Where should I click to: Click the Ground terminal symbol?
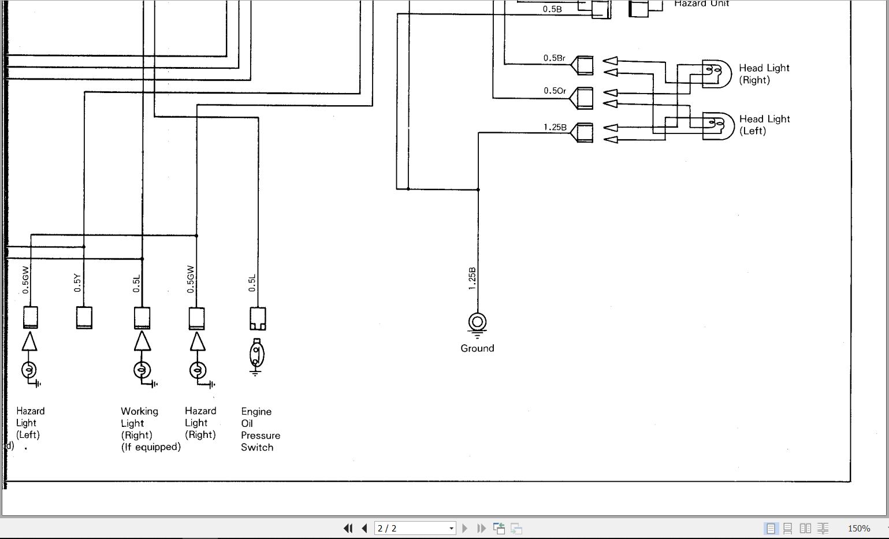[477, 322]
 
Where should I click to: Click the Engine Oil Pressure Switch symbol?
[257, 355]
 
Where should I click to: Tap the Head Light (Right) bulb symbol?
[716, 73]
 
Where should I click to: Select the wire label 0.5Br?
[554, 58]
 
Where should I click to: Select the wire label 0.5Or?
[555, 91]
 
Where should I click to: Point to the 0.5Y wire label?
[78, 282]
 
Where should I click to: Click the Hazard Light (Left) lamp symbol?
[29, 370]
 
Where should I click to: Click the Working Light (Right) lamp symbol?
[142, 370]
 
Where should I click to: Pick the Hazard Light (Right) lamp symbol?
[198, 370]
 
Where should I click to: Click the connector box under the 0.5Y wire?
[84, 317]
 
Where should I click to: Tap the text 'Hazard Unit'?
[701, 4]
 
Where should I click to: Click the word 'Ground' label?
[477, 348]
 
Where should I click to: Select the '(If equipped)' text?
[151, 447]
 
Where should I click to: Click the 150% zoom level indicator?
[858, 528]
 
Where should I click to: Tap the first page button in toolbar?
[347, 528]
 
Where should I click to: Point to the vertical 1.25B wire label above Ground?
[472, 278]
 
